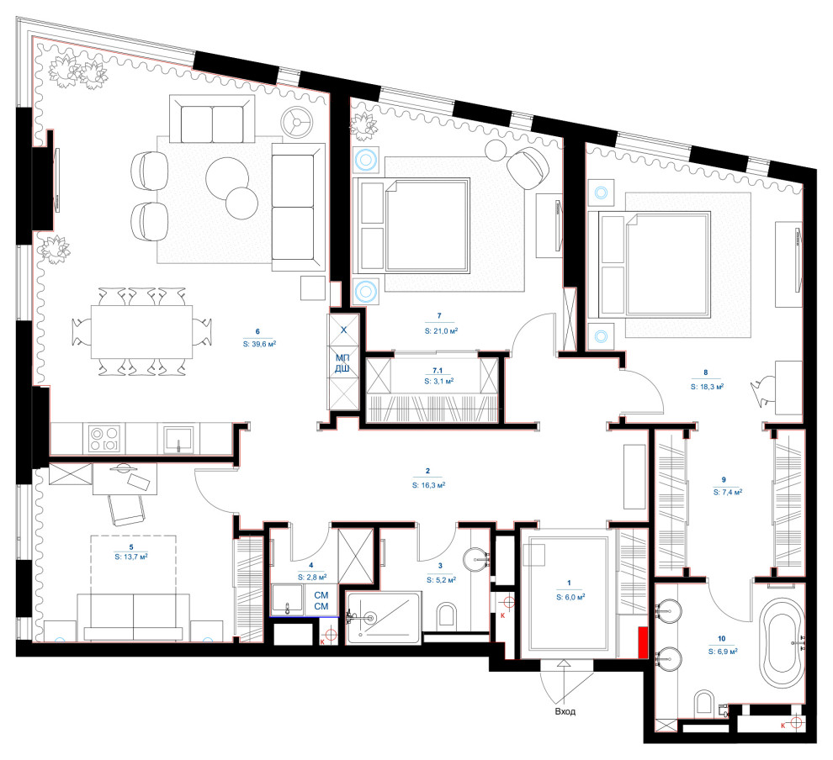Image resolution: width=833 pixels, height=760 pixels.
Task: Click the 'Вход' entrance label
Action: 565,712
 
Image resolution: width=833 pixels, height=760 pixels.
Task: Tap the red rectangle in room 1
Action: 643,642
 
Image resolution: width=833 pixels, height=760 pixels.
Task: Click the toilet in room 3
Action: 448,615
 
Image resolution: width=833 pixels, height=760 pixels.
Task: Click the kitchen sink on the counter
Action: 179,438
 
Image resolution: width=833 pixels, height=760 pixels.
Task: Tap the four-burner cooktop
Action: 104,438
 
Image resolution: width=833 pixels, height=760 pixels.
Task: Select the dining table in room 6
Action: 142,332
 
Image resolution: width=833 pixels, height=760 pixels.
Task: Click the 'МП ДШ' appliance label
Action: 342,363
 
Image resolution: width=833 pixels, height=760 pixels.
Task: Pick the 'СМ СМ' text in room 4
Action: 321,601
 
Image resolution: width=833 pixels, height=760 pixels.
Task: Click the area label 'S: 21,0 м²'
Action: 441,330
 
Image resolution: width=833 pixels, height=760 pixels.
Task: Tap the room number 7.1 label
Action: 438,371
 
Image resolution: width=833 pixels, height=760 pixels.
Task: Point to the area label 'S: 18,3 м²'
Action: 707,387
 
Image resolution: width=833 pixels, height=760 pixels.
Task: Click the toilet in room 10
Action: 704,703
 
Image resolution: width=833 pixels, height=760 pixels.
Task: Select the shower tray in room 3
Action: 384,618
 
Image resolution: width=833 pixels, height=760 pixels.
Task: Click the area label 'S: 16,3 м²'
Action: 428,485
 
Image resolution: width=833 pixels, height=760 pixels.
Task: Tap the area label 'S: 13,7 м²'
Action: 130,557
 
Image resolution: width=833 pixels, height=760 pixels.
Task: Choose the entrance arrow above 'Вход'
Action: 564,670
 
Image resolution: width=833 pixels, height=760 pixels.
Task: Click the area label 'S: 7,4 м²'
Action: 727,492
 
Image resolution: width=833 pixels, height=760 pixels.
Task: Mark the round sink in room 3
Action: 476,558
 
